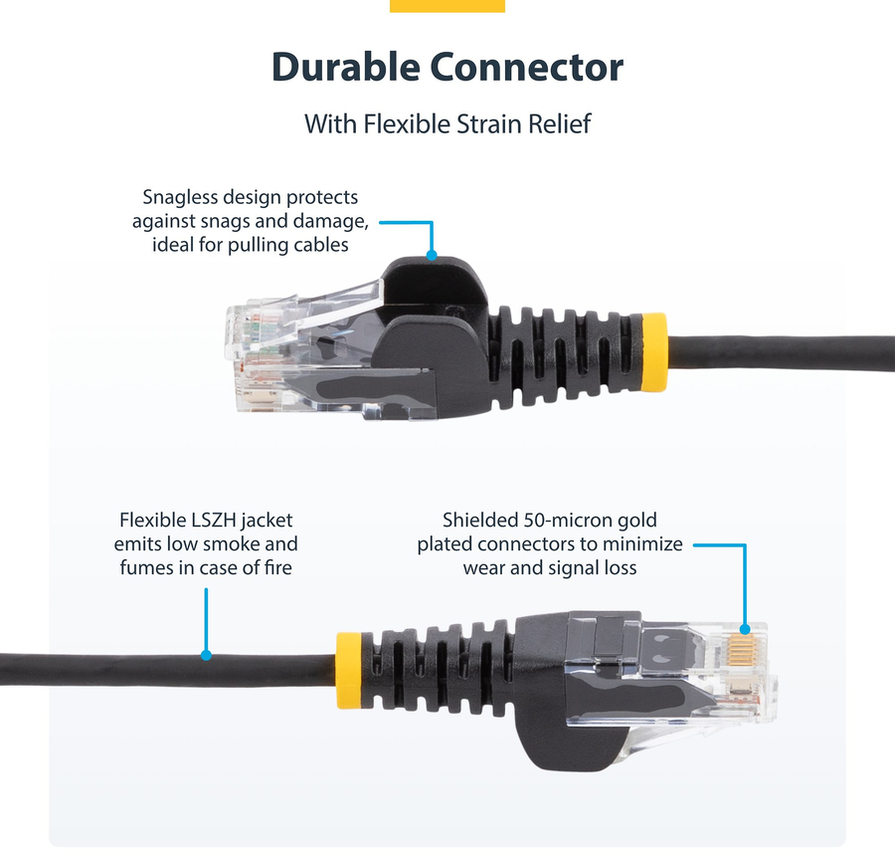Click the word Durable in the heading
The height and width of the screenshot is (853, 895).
pyautogui.click(x=346, y=67)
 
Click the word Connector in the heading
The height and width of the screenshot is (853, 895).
pyautogui.click(x=526, y=68)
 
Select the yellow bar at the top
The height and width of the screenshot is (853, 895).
pyautogui.click(x=447, y=6)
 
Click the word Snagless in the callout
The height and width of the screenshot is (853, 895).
pyautogui.click(x=180, y=198)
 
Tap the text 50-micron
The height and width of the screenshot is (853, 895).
pyautogui.click(x=561, y=520)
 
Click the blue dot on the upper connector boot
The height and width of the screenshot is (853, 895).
pyautogui.click(x=433, y=256)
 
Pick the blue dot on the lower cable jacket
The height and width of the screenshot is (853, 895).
pyautogui.click(x=206, y=655)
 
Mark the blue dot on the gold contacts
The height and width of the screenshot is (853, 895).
pyautogui.click(x=745, y=630)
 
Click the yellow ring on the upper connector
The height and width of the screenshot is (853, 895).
pyautogui.click(x=654, y=352)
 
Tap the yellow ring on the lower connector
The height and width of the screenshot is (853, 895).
pyautogui.click(x=349, y=671)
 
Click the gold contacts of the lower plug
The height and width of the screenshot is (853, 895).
pyautogui.click(x=742, y=650)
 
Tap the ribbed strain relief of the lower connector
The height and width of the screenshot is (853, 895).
pyautogui.click(x=439, y=669)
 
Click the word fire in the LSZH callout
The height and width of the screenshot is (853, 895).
pyautogui.click(x=278, y=567)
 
